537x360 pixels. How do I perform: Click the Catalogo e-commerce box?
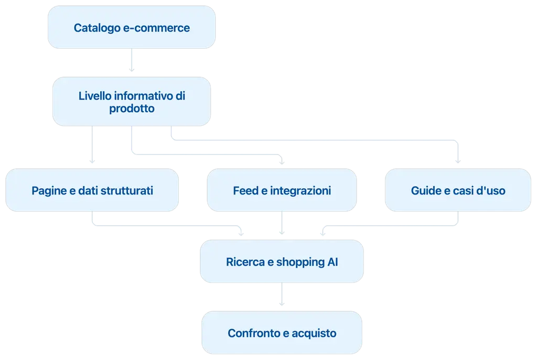[x=132, y=27]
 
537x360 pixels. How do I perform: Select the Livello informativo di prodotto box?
[x=132, y=101]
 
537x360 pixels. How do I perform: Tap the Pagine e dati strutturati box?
[x=92, y=190]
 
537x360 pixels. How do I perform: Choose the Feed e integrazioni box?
[x=282, y=190]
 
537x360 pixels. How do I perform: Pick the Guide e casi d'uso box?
[x=458, y=190]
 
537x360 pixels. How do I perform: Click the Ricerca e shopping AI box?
[x=282, y=261]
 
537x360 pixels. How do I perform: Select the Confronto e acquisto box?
[x=282, y=332]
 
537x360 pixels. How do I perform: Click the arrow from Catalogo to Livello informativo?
[x=132, y=60]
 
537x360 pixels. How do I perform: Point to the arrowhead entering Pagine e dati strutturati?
[x=92, y=161]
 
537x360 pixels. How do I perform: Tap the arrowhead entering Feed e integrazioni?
[x=282, y=162]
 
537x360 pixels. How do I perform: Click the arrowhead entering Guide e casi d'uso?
[x=458, y=161]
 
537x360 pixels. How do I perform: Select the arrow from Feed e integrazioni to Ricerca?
[x=282, y=223]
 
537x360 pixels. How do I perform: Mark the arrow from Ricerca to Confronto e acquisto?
[x=282, y=294]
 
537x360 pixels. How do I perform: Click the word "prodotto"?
[x=132, y=108]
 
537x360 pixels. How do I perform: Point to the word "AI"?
[x=332, y=262]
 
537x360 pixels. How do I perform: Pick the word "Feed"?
[x=245, y=190]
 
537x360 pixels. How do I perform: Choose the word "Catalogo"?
[x=97, y=28]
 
